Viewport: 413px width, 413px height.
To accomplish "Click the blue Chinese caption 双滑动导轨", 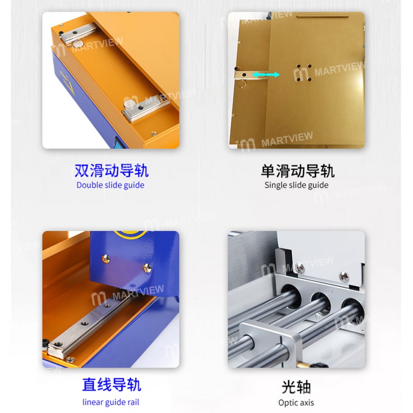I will pyautogui.click(x=111, y=171).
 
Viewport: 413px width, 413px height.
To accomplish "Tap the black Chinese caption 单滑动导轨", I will pyautogui.click(x=297, y=171).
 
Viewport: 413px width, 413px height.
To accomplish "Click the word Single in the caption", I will pyautogui.click(x=275, y=185).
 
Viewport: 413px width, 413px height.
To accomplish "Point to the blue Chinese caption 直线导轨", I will pyautogui.click(x=111, y=385).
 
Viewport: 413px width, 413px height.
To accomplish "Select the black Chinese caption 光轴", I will pyautogui.click(x=296, y=387).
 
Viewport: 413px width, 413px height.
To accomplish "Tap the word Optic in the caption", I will pyautogui.click(x=289, y=402).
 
